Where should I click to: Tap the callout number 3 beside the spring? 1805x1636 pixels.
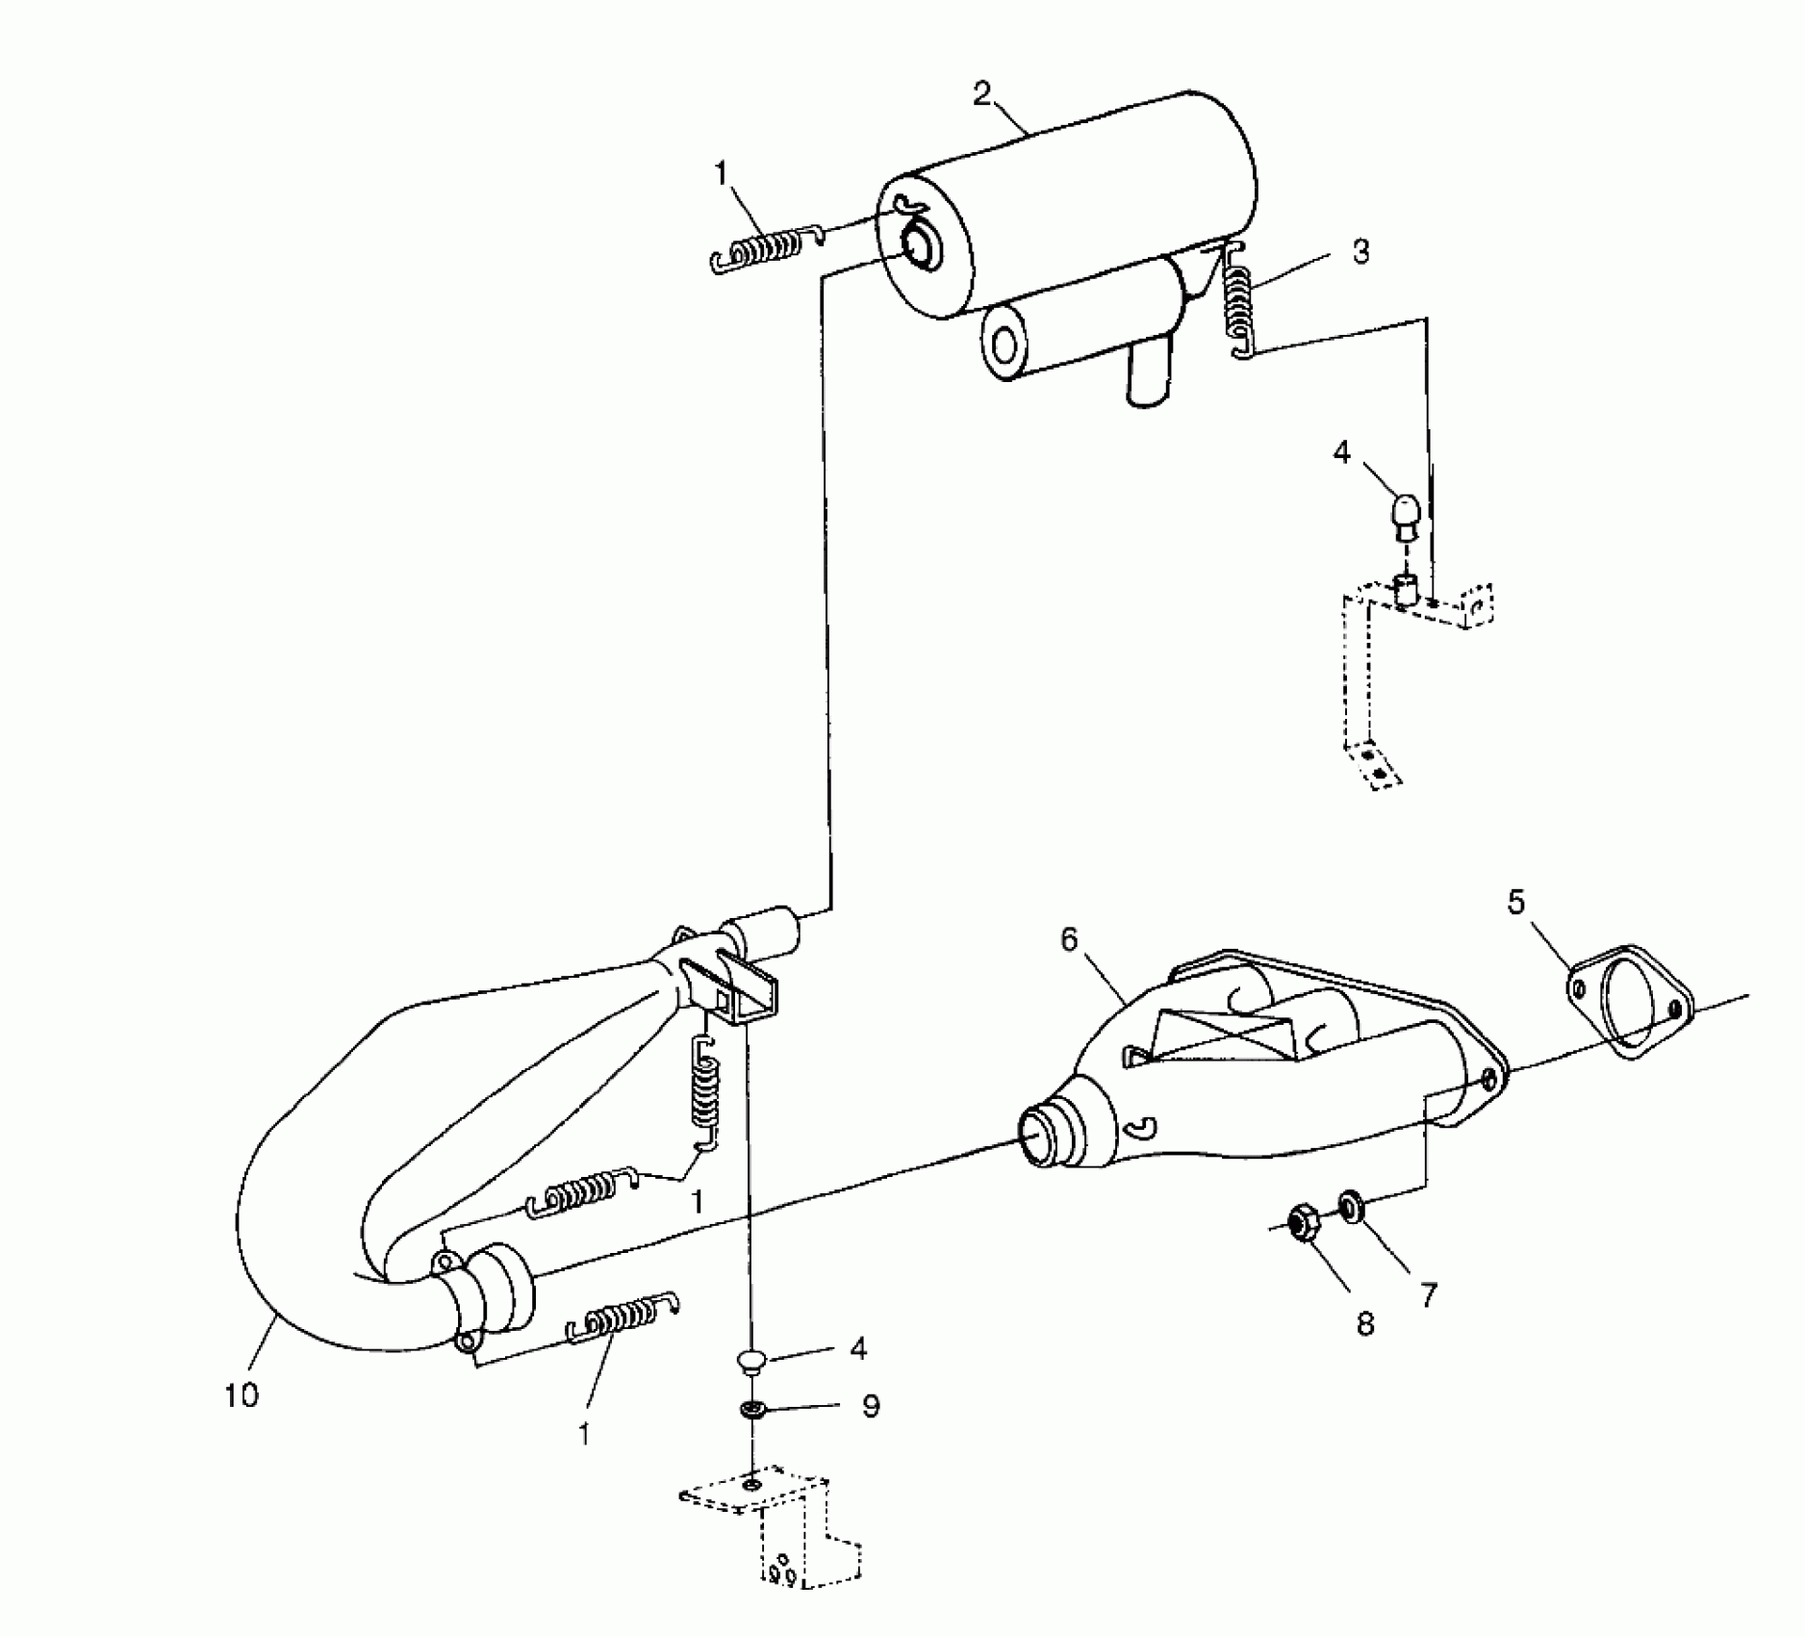[1360, 252]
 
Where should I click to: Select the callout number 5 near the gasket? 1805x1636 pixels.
[1516, 903]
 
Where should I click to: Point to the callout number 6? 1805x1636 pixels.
[1070, 939]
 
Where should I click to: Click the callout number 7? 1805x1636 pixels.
[1428, 1296]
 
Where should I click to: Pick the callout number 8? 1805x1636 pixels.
[1364, 1325]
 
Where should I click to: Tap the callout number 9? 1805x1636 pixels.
[870, 1407]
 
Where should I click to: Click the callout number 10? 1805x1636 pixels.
[242, 1394]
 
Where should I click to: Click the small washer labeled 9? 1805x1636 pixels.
[752, 1410]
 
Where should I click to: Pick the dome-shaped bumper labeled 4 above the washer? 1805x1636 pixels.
[750, 1359]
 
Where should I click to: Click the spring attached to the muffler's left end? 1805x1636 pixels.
[763, 252]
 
